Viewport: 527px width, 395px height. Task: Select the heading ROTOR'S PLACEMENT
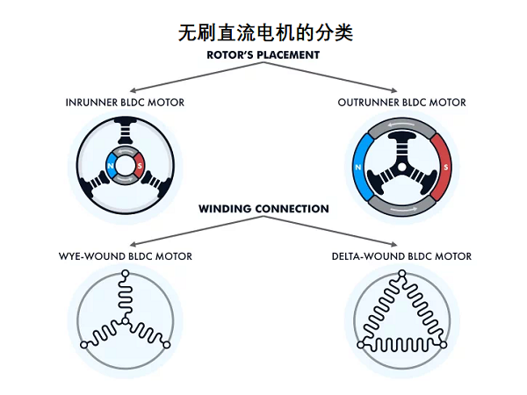click(263, 54)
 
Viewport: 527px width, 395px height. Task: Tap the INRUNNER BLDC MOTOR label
click(125, 103)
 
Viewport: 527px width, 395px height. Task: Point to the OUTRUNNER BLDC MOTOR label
click(401, 103)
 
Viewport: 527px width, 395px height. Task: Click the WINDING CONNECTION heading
click(263, 209)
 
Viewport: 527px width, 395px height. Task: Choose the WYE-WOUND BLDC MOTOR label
click(125, 256)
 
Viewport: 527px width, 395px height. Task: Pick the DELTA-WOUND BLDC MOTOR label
click(401, 256)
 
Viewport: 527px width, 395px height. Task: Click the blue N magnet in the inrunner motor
click(111, 163)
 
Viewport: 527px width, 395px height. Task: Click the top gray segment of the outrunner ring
click(401, 124)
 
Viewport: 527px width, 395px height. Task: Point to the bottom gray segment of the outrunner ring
click(401, 209)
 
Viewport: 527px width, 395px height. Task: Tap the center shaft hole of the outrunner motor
click(401, 167)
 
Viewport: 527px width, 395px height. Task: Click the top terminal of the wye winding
click(125, 272)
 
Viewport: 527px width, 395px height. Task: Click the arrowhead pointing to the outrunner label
click(394, 90)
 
